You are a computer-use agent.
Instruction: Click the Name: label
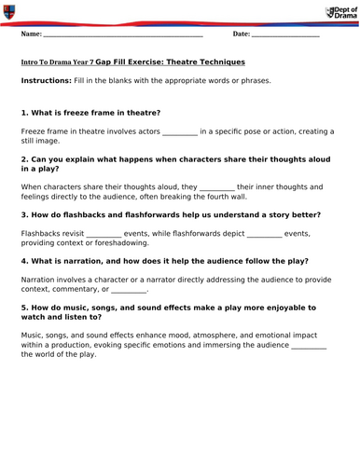coord(31,34)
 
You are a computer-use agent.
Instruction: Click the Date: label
coord(242,34)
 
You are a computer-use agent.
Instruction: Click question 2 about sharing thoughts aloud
coord(168,164)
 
